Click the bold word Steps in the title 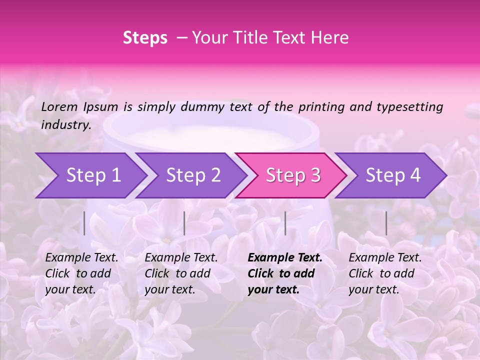pyautogui.click(x=145, y=38)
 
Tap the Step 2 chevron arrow pyautogui.click(x=192, y=175)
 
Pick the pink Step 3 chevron pyautogui.click(x=292, y=175)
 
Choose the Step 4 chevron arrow pyautogui.click(x=392, y=175)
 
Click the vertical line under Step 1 pyautogui.click(x=84, y=223)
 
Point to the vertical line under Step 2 pyautogui.click(x=184, y=223)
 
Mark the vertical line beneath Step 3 pyautogui.click(x=285, y=223)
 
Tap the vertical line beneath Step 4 pyautogui.click(x=386, y=223)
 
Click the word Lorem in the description pyautogui.click(x=59, y=106)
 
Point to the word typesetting pyautogui.click(x=409, y=107)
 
